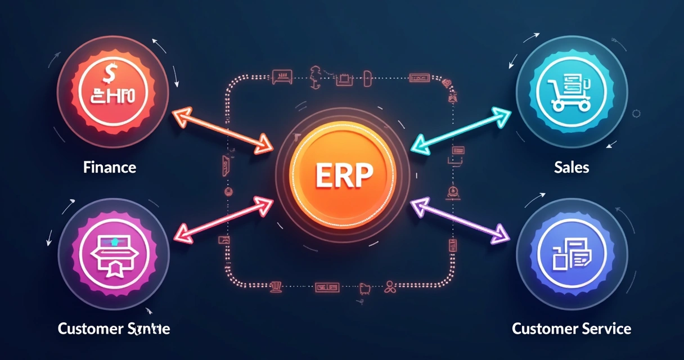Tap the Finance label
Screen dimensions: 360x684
[x=109, y=167]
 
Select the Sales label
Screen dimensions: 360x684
[x=571, y=167]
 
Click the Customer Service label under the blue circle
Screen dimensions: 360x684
[x=571, y=328]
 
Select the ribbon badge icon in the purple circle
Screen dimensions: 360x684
[x=114, y=256]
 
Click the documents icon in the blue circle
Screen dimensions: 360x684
[x=570, y=253]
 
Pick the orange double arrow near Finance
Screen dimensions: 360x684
[x=222, y=130]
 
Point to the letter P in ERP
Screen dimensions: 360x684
[x=363, y=176]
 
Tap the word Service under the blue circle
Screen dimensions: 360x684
[x=605, y=328]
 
